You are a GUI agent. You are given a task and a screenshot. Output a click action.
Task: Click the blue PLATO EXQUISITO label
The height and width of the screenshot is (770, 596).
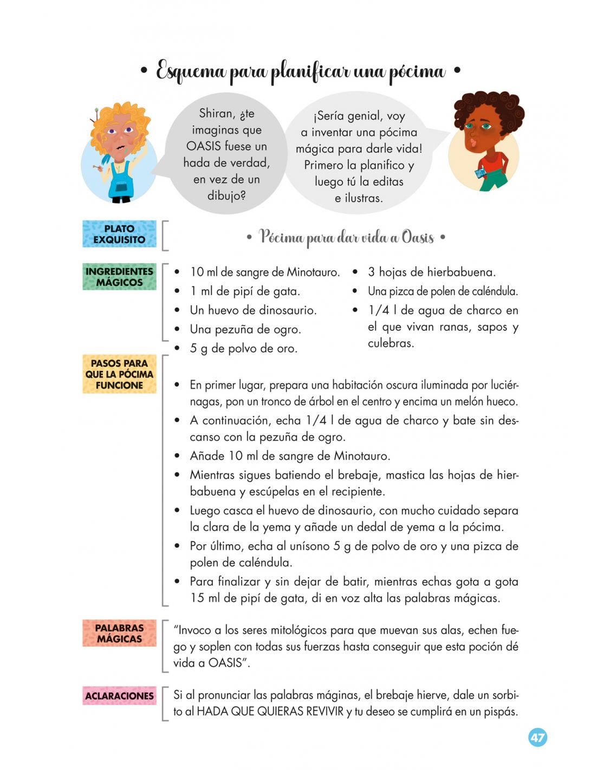119,234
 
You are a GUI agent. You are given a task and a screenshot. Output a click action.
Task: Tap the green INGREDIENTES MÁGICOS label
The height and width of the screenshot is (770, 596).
119,277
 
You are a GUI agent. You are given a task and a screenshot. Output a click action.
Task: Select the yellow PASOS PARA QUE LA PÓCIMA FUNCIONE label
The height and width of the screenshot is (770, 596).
119,374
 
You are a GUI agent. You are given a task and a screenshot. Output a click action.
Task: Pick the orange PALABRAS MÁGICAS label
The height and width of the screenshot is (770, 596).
119,634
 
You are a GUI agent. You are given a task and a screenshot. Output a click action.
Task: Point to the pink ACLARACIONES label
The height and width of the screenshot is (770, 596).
119,696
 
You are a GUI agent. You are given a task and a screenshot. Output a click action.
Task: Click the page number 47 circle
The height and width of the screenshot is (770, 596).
537,738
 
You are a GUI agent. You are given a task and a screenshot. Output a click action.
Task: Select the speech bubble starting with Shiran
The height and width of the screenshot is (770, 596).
226,154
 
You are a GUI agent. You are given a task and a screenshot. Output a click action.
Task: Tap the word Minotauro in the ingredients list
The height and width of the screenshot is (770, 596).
313,272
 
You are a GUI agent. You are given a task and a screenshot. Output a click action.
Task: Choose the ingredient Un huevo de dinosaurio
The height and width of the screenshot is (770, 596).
253,310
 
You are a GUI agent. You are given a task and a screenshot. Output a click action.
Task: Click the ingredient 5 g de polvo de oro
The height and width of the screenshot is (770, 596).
243,348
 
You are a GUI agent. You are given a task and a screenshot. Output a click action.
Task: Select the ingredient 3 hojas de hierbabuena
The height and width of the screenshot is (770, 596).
431,272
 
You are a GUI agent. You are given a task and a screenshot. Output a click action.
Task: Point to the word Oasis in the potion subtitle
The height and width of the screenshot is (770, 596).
417,237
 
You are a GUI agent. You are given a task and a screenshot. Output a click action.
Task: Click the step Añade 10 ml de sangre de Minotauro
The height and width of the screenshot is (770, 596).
290,456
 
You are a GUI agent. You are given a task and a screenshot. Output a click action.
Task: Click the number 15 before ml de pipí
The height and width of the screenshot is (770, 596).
197,598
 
